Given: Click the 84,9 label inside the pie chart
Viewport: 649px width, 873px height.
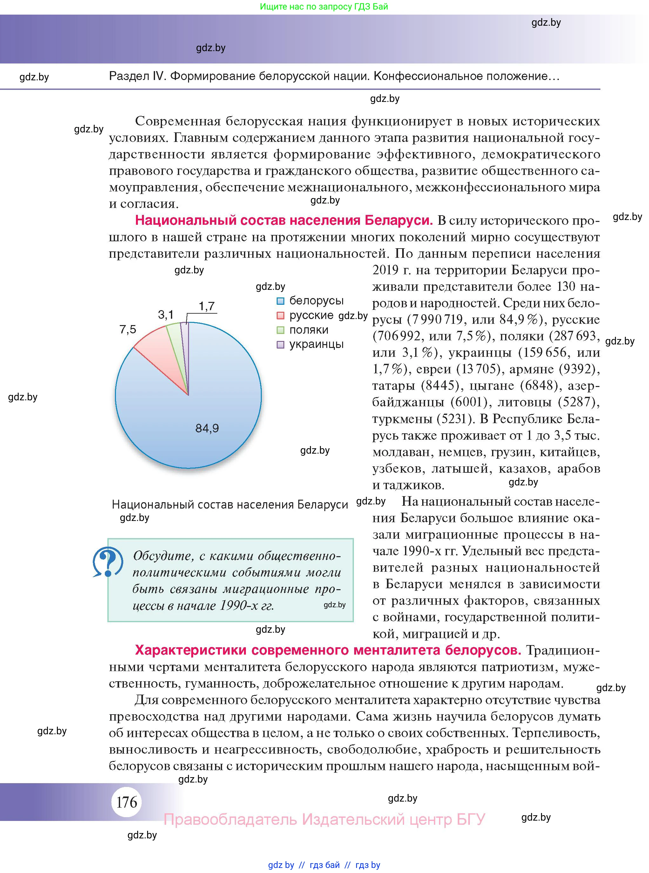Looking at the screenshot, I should (207, 428).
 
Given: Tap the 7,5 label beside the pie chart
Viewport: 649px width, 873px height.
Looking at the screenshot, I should (128, 329).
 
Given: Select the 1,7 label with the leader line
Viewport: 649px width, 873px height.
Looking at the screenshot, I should (206, 306).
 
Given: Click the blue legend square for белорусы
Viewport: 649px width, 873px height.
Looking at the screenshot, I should (281, 301).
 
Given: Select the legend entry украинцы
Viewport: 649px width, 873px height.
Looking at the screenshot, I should (316, 344).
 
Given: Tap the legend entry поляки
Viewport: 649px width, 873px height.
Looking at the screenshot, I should (309, 330).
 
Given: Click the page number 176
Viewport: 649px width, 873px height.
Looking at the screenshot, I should (127, 802).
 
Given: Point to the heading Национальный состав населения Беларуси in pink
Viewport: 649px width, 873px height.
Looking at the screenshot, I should (284, 221).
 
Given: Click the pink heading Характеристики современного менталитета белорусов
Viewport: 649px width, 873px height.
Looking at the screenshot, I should (328, 650).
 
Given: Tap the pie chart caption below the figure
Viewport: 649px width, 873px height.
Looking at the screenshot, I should (230, 504).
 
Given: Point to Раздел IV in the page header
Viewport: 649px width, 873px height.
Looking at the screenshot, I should (138, 76).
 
